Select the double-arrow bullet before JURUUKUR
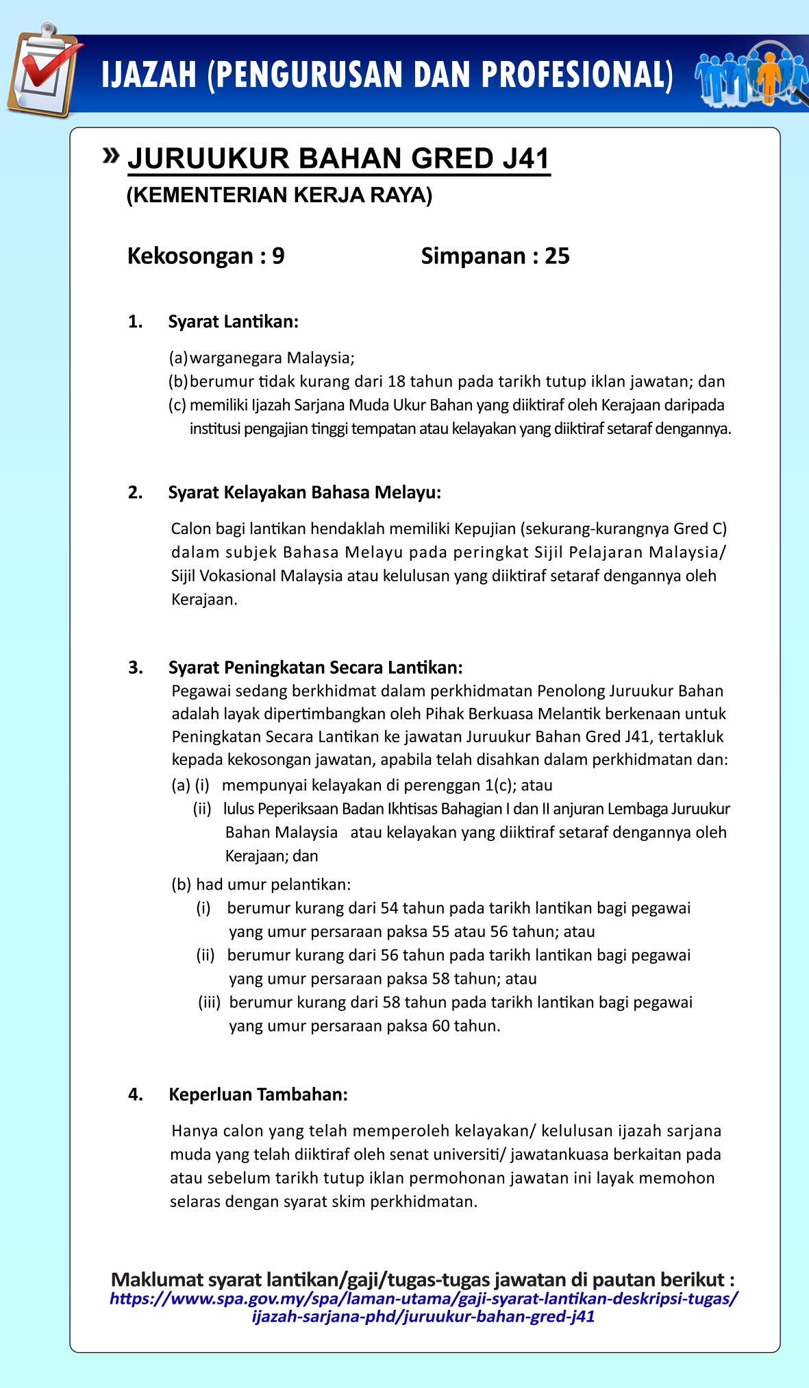point(111,156)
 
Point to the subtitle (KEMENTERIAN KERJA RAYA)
point(279,195)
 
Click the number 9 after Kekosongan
point(278,256)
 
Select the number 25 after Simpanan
point(557,256)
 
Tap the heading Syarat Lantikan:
point(233,321)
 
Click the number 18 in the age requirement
point(397,381)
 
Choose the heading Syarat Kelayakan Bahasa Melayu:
point(305,492)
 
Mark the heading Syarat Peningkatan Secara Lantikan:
point(315,668)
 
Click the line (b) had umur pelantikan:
point(261,884)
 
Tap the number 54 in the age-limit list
point(389,908)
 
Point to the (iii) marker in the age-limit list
point(209,1002)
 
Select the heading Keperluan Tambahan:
point(258,1094)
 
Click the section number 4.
point(136,1095)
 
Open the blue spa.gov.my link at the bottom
point(424,1307)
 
